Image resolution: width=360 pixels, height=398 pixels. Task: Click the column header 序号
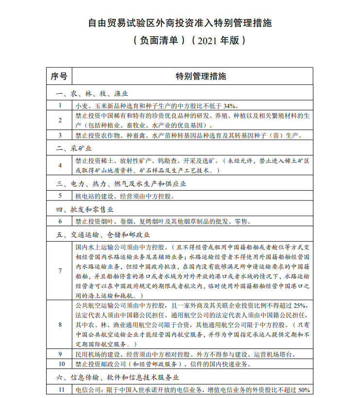pyautogui.click(x=59, y=77)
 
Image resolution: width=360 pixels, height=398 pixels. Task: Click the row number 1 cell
pyautogui.click(x=60, y=105)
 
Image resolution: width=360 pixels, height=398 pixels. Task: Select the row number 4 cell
pyautogui.click(x=60, y=165)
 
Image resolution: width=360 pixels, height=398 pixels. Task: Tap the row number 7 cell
pyautogui.click(x=60, y=270)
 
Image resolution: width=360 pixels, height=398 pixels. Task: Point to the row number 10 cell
pyautogui.click(x=60, y=364)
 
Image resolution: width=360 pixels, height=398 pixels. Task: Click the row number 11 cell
pyautogui.click(x=60, y=390)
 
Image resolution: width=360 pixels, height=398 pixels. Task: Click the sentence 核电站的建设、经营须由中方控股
pyautogui.click(x=124, y=196)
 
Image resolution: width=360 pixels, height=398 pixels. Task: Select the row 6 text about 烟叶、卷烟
pyautogui.click(x=162, y=222)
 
